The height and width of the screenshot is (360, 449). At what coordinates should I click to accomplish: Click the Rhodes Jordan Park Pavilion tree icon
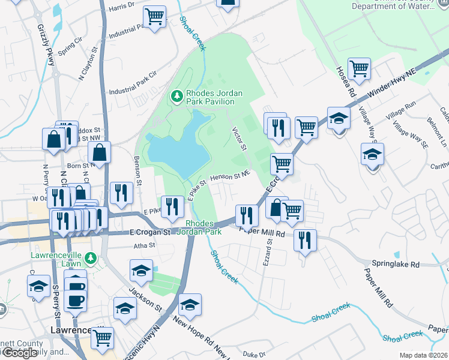click(176, 95)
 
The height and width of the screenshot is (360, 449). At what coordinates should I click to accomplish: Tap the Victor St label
click(240, 139)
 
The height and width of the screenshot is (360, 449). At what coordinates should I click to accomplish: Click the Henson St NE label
click(229, 176)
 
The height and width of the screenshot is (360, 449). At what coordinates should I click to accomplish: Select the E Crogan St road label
click(151, 232)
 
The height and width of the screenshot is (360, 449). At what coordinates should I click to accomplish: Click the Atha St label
click(144, 245)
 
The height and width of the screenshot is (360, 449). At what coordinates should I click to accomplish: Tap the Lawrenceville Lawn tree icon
click(91, 258)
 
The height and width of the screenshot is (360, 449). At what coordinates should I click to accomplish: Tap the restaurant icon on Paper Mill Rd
click(305, 240)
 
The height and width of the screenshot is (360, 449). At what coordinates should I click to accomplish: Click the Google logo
click(20, 352)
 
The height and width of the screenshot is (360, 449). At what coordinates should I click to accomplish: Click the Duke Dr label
click(255, 355)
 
